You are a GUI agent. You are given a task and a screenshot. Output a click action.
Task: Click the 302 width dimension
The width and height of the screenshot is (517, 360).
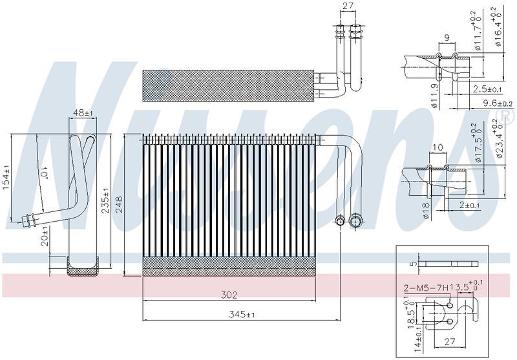point(229,295)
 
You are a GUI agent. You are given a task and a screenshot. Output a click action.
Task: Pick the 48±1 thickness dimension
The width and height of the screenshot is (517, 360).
point(83,113)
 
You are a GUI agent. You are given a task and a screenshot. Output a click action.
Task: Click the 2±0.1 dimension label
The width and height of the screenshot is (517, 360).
point(470,206)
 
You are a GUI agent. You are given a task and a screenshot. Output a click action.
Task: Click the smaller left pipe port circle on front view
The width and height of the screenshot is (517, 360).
point(341,222)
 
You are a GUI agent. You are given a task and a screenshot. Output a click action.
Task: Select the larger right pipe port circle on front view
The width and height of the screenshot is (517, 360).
point(355,221)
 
